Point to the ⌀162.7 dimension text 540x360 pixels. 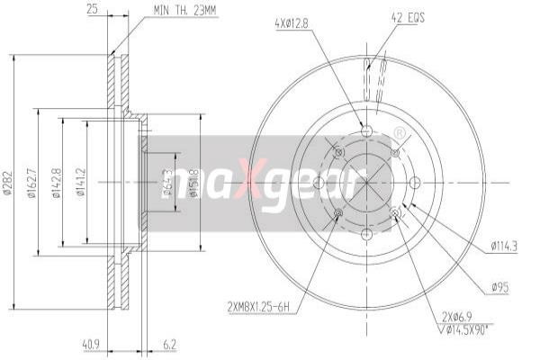34,185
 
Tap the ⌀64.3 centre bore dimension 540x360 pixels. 167,184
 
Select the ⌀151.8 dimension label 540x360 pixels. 194,184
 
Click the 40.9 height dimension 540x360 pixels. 90,342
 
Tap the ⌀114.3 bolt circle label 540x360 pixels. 507,242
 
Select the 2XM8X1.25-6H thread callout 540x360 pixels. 259,307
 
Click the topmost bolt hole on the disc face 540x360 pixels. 366,131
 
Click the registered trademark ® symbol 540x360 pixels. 399,134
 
